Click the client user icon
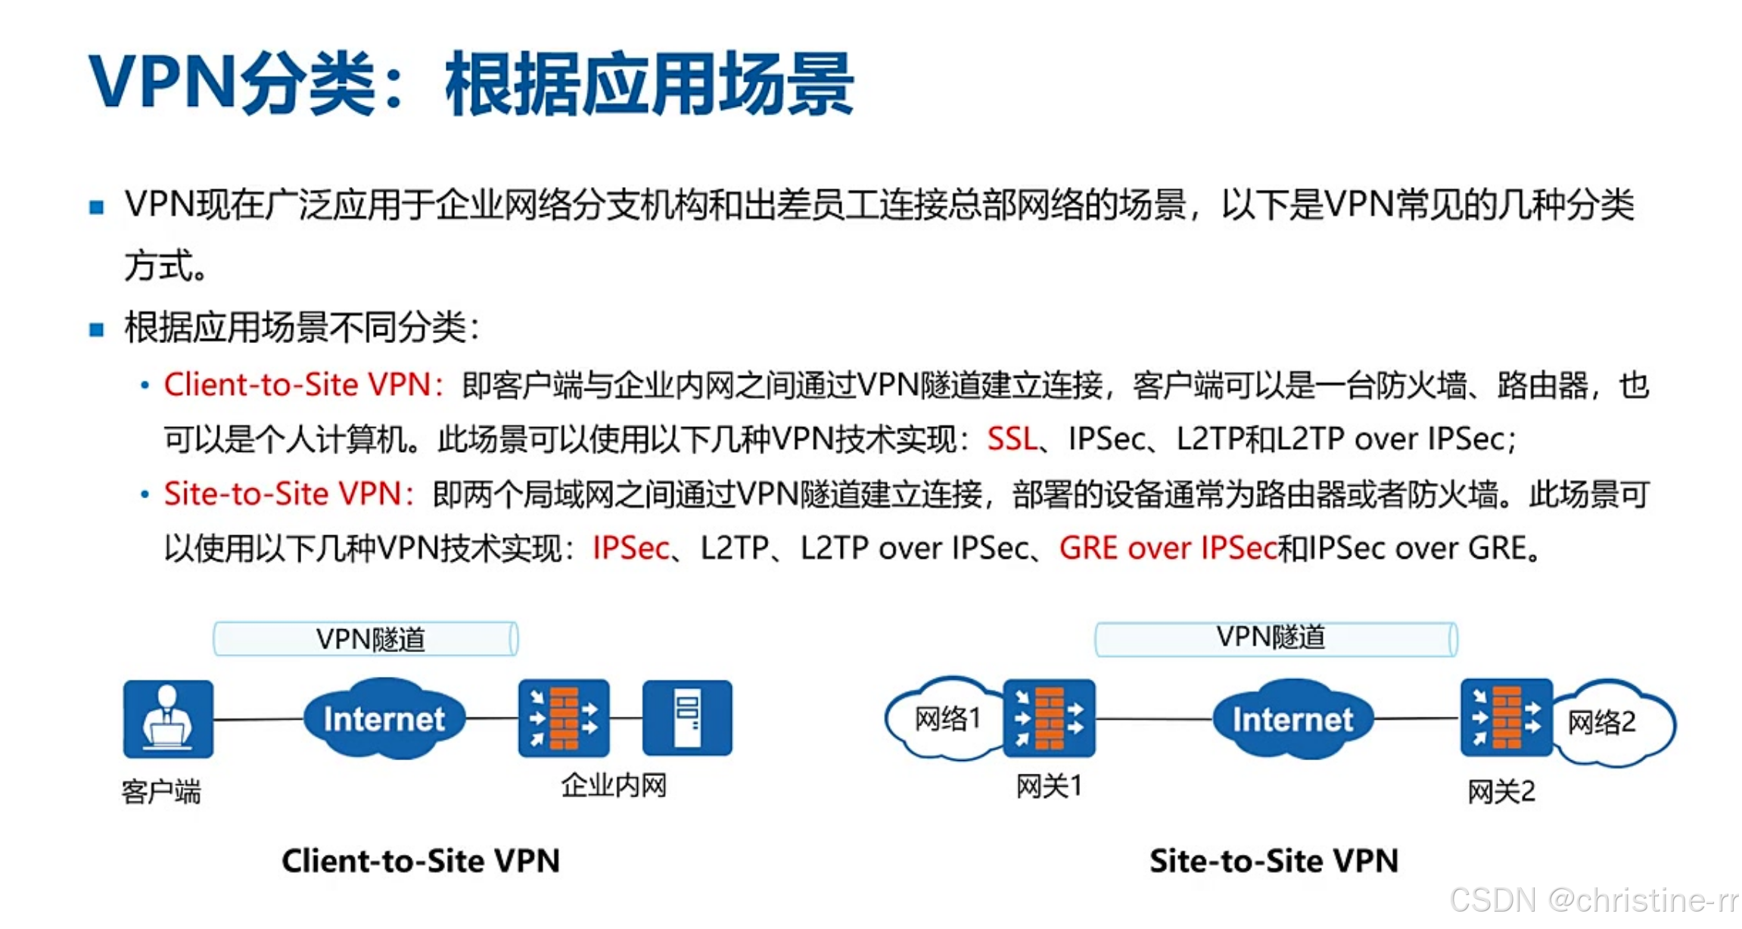click(x=168, y=719)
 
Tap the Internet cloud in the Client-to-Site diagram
click(x=384, y=719)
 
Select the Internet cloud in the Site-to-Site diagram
click(x=1293, y=719)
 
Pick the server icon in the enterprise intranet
click(x=687, y=718)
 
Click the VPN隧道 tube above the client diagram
click(x=366, y=639)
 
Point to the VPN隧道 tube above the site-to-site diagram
click(x=1276, y=638)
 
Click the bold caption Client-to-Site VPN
click(x=421, y=861)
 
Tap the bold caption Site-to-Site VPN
click(x=1274, y=861)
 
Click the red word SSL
click(x=1012, y=439)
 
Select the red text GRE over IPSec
click(x=1168, y=548)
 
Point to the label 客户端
click(x=161, y=792)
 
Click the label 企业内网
click(x=614, y=786)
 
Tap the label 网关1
click(x=1049, y=787)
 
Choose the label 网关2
click(x=1501, y=792)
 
